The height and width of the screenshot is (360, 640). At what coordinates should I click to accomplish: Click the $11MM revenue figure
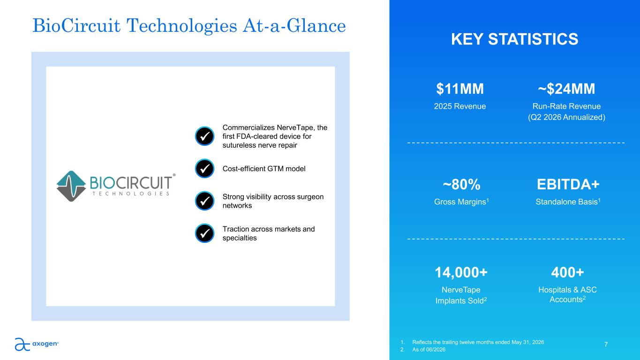[459, 89]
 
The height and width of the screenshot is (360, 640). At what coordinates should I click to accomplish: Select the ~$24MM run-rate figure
[566, 89]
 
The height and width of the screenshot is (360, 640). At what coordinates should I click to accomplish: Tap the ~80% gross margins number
[461, 184]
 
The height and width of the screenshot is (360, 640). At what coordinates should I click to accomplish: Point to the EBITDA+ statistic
[568, 184]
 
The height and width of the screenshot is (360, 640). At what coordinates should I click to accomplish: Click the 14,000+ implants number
[461, 272]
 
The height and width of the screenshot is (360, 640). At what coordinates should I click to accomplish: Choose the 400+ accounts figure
[567, 272]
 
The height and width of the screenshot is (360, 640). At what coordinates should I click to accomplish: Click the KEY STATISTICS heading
[514, 39]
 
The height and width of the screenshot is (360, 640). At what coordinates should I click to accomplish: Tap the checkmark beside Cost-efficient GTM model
[204, 168]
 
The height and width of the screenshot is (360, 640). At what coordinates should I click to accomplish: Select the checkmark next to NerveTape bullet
[204, 136]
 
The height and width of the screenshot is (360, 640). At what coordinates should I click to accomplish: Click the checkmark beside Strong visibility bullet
[204, 201]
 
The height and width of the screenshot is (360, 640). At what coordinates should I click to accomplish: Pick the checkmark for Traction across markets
[204, 233]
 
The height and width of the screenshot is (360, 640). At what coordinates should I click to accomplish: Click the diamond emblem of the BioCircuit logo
[71, 186]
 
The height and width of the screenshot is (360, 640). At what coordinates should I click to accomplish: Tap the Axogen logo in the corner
[37, 344]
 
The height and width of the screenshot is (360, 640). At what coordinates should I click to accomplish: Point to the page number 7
[606, 345]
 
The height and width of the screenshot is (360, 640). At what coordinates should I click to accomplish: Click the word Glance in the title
[316, 26]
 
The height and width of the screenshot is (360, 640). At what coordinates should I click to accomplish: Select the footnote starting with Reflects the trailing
[478, 342]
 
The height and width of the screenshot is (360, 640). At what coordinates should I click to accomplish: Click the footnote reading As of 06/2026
[429, 349]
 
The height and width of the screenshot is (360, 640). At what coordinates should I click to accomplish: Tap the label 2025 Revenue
[459, 106]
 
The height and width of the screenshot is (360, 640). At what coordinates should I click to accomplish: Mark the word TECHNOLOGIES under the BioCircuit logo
[131, 194]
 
